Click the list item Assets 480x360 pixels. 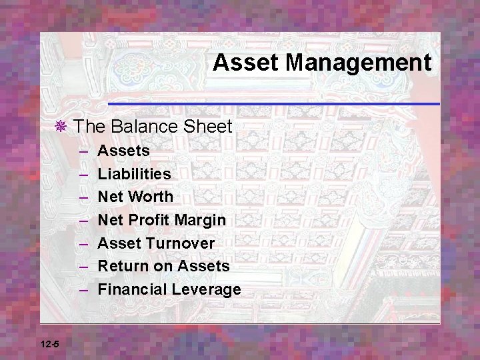coord(123,151)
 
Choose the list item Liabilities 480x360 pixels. coord(134,174)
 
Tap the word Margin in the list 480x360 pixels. coord(202,220)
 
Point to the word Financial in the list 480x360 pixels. coord(132,289)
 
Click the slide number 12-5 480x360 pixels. coord(49,344)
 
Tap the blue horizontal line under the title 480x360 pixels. coord(273,104)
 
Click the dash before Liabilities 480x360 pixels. coord(83,174)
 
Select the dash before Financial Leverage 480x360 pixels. coord(83,289)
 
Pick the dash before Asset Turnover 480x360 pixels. coord(83,243)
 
